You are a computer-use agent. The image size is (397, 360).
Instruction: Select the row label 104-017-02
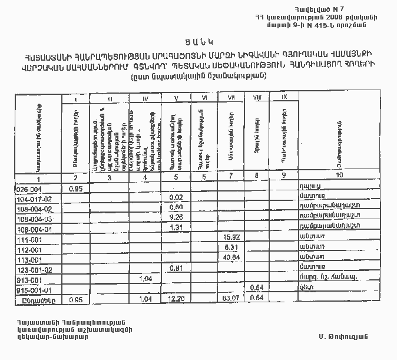[35, 199]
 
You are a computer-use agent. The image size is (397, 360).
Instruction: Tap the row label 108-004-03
[35, 218]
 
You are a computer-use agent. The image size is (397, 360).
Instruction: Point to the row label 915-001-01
[35, 290]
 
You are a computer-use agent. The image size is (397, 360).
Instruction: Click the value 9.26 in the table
[176, 217]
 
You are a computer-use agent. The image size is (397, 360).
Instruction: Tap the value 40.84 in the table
[230, 258]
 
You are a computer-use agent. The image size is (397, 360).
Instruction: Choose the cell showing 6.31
[231, 248]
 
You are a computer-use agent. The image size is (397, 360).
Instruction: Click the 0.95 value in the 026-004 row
[75, 189]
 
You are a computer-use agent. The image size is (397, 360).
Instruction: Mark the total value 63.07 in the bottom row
[230, 299]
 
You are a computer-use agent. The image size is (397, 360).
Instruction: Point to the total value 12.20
[176, 299]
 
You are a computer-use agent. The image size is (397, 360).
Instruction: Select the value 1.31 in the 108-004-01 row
[176, 227]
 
